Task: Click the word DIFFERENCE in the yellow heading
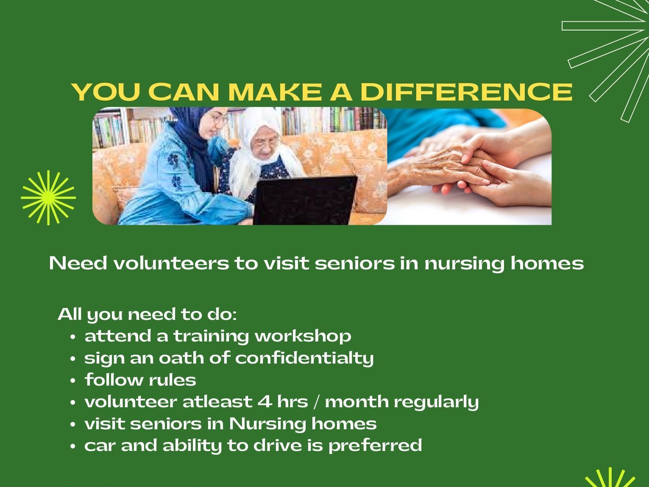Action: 466,92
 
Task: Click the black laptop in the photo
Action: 304,200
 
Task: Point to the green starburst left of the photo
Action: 48,198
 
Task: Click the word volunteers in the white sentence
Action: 171,263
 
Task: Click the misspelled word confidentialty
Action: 304,358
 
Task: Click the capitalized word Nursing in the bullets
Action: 267,424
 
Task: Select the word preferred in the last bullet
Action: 375,446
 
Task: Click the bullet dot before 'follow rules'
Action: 73,381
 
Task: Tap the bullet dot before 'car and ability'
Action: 73,446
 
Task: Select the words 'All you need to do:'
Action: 147,314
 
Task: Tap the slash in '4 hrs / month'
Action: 317,402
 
